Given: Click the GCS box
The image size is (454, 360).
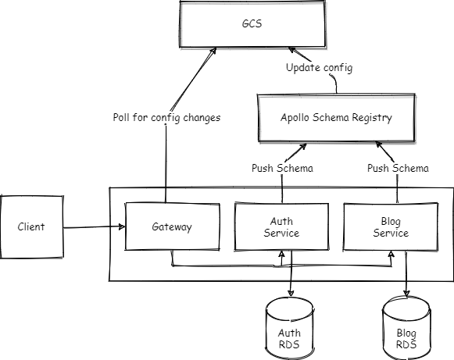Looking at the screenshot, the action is pyautogui.click(x=252, y=24).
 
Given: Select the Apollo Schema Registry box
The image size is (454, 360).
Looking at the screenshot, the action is pyautogui.click(x=337, y=117).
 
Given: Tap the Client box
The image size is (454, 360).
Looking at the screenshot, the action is pyautogui.click(x=31, y=227).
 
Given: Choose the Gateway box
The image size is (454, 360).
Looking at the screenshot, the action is pyautogui.click(x=172, y=226).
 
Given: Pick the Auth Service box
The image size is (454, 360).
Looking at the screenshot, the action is pyautogui.click(x=281, y=227).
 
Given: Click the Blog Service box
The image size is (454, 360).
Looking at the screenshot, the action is pyautogui.click(x=391, y=227).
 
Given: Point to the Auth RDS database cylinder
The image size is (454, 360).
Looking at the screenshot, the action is pyautogui.click(x=290, y=328).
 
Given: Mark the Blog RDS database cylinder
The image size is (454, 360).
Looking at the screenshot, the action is pyautogui.click(x=406, y=328).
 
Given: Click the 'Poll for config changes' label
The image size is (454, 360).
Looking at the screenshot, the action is pyautogui.click(x=166, y=117).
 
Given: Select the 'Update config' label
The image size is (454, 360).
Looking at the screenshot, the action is pyautogui.click(x=320, y=68).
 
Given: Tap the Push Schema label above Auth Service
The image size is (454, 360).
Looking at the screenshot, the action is pyautogui.click(x=282, y=168).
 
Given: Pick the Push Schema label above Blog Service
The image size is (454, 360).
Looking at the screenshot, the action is pyautogui.click(x=398, y=168).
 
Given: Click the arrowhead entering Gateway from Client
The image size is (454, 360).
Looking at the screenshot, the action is pyautogui.click(x=122, y=226).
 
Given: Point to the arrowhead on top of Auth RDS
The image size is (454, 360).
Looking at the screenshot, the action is pyautogui.click(x=291, y=293).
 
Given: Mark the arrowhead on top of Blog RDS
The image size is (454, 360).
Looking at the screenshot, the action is pyautogui.click(x=406, y=294).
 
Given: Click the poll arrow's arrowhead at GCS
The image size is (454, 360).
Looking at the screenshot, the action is pyautogui.click(x=213, y=52).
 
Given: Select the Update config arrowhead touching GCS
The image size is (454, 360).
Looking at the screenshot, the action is pyautogui.click(x=292, y=50).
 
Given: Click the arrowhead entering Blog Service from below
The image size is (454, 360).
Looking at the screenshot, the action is pyautogui.click(x=391, y=254).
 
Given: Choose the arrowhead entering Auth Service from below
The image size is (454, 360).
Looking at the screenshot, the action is pyautogui.click(x=281, y=254).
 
